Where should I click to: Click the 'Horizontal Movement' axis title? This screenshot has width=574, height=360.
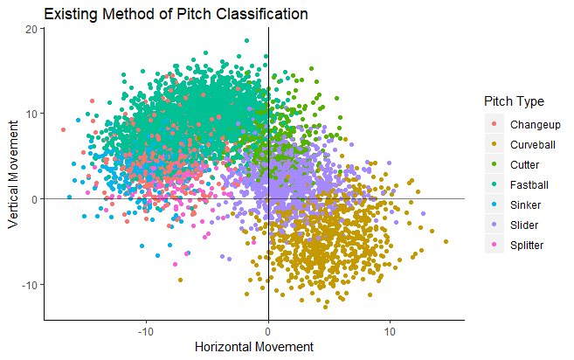(x=253, y=347)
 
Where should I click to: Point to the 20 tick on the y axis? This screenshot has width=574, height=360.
(x=32, y=29)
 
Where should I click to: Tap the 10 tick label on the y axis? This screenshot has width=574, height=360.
(x=32, y=114)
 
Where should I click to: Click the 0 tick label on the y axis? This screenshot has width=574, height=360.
(x=35, y=199)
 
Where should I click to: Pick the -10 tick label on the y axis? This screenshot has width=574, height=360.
(x=30, y=285)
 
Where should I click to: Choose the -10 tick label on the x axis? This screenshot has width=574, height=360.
(x=146, y=332)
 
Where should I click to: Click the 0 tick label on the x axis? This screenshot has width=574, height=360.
(x=268, y=332)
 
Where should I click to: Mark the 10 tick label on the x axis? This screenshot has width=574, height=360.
(x=390, y=332)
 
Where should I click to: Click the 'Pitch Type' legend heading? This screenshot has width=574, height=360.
(x=514, y=101)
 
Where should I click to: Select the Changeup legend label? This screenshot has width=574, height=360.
(x=535, y=124)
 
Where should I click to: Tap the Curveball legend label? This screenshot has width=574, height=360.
(x=534, y=144)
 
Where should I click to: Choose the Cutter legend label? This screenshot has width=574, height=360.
(x=526, y=164)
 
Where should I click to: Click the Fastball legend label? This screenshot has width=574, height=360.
(x=530, y=184)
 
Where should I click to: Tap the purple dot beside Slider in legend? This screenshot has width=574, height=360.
(x=495, y=225)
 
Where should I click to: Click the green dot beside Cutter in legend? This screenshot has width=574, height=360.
(x=495, y=164)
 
